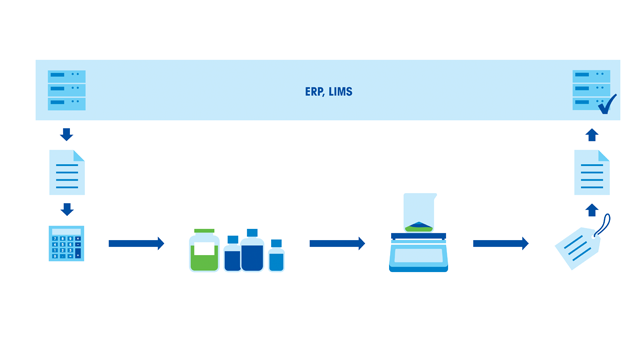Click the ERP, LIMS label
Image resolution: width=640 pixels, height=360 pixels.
coord(328,92)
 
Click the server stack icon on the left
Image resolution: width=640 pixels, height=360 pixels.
coord(67,90)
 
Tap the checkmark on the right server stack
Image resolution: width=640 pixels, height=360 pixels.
coord(606,102)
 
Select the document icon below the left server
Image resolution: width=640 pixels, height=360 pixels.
coord(67,172)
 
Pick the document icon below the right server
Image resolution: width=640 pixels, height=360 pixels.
coord(591,172)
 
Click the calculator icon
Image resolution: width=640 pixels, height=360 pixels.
coord(67,244)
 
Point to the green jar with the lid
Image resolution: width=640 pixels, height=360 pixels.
coord(204,252)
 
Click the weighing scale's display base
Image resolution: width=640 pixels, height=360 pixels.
coord(418,255)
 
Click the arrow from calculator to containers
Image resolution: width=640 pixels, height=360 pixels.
coord(136,243)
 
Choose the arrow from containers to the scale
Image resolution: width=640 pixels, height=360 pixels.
coord(337,243)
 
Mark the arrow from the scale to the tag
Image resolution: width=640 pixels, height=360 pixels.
coord(500,243)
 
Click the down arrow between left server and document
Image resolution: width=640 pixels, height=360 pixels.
coord(67,134)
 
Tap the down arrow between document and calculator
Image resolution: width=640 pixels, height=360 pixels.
coord(67,209)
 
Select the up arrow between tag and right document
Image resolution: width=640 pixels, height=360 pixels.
coord(591,210)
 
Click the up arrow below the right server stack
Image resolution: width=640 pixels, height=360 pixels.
coord(591,134)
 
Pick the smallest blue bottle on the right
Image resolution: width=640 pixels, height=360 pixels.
coord(276,258)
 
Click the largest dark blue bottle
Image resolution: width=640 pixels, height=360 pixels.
coord(252,252)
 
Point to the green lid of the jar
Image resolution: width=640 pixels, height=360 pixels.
coord(204,231)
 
